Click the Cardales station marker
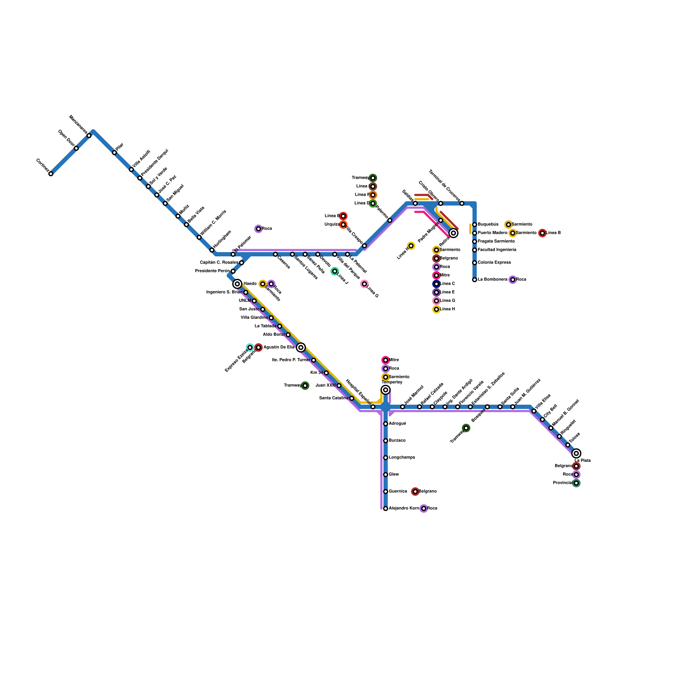pyautogui.click(x=51, y=174)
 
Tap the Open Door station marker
pyautogui.click(x=76, y=148)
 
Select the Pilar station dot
pyautogui.click(x=114, y=153)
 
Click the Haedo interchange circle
pyautogui.click(x=237, y=284)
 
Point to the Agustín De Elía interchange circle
pyautogui.click(x=301, y=347)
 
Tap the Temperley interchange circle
pyautogui.click(x=386, y=390)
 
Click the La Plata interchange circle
pyautogui.click(x=576, y=453)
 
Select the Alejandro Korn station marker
pyautogui.click(x=386, y=508)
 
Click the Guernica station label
pyautogui.click(x=398, y=492)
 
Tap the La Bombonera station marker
pyautogui.click(x=475, y=280)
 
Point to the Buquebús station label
pyautogui.click(x=488, y=225)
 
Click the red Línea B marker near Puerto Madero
pyautogui.click(x=542, y=233)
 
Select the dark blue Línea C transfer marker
pyautogui.click(x=436, y=284)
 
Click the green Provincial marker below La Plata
pyautogui.click(x=576, y=483)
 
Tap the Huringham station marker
pyautogui.click(x=212, y=250)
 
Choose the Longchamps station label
pyautogui.click(x=402, y=458)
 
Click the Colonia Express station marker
pyautogui.click(x=475, y=263)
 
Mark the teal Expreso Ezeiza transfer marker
pyautogui.click(x=250, y=347)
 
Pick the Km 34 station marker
pyautogui.click(x=326, y=373)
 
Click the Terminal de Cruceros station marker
pyautogui.click(x=462, y=203)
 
